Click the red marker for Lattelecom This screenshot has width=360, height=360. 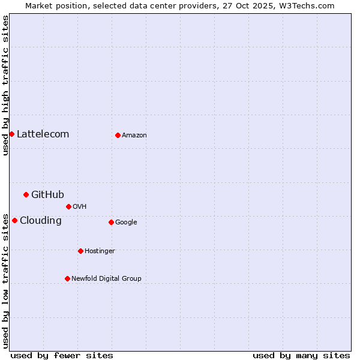click(x=11, y=134)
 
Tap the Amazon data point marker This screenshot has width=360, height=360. click(x=118, y=135)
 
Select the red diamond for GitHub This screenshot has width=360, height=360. click(x=26, y=194)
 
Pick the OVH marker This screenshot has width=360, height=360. click(x=68, y=206)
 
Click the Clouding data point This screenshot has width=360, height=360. click(x=14, y=220)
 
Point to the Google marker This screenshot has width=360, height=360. click(x=111, y=222)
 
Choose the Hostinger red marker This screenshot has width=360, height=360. click(x=80, y=251)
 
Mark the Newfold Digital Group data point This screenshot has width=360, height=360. click(x=67, y=278)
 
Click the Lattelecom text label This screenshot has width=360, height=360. click(x=43, y=134)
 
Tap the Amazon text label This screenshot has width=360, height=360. click(x=134, y=136)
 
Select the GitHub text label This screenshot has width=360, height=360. click(x=47, y=194)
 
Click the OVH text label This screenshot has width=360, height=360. click(x=80, y=207)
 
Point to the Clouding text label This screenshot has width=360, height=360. click(x=40, y=220)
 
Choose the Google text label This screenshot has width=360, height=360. click(x=126, y=223)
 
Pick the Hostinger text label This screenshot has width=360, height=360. click(x=100, y=251)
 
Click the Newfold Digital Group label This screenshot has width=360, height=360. click(x=106, y=278)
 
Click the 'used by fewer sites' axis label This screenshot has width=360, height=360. click(x=62, y=355)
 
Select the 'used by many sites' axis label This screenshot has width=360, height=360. click(x=301, y=355)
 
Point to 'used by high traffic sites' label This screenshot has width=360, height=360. click(x=5, y=85)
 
